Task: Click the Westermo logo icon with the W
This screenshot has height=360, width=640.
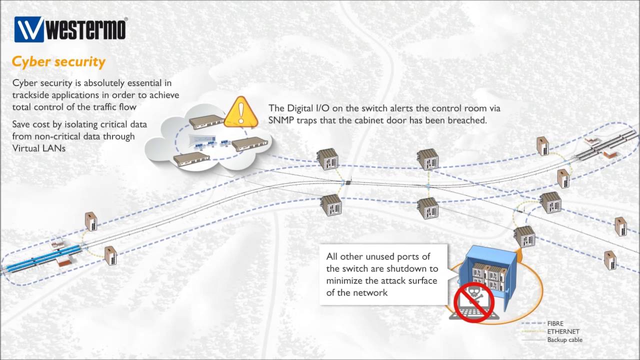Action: pyautogui.click(x=29, y=29)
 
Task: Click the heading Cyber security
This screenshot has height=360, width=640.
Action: pyautogui.click(x=58, y=62)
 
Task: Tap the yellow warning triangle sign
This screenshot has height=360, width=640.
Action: pyautogui.click(x=241, y=112)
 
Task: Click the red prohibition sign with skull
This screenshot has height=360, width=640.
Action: pyautogui.click(x=473, y=302)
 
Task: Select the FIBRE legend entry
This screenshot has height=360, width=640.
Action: pyautogui.click(x=555, y=323)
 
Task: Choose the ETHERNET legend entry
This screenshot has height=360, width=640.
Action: pyautogui.click(x=563, y=331)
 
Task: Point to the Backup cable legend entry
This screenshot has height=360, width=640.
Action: pyautogui.click(x=564, y=340)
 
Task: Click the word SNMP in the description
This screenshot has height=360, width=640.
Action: pyautogui.click(x=282, y=120)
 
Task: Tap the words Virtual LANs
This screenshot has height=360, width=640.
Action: pyautogui.click(x=39, y=148)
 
